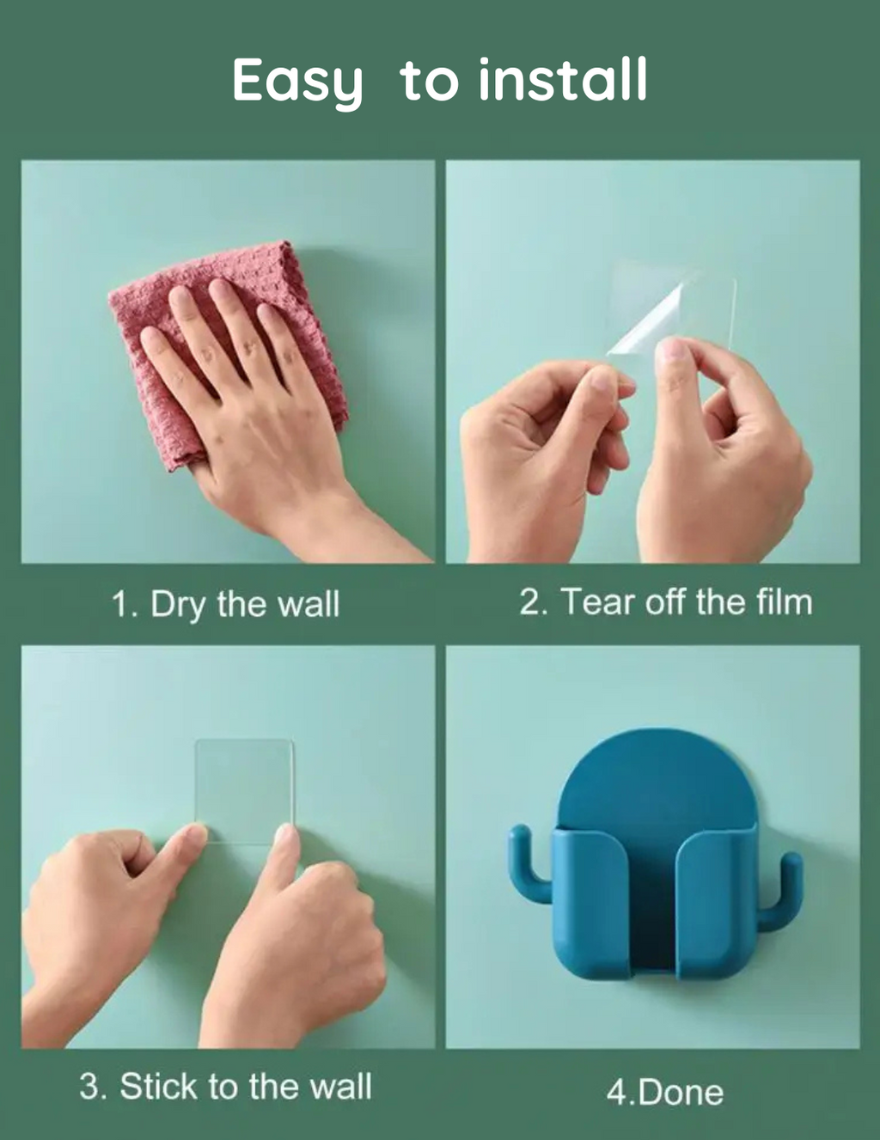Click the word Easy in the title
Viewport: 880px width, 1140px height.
(x=296, y=82)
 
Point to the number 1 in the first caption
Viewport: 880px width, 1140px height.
(x=121, y=604)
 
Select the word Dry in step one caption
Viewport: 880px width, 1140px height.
(x=178, y=606)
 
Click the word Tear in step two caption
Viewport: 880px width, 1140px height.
(x=597, y=602)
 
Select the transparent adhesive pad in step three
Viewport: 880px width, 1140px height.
(x=244, y=786)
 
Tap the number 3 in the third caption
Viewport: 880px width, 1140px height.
(x=89, y=1086)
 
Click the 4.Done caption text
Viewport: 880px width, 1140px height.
(x=664, y=1093)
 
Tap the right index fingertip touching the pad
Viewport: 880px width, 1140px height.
(x=285, y=834)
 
